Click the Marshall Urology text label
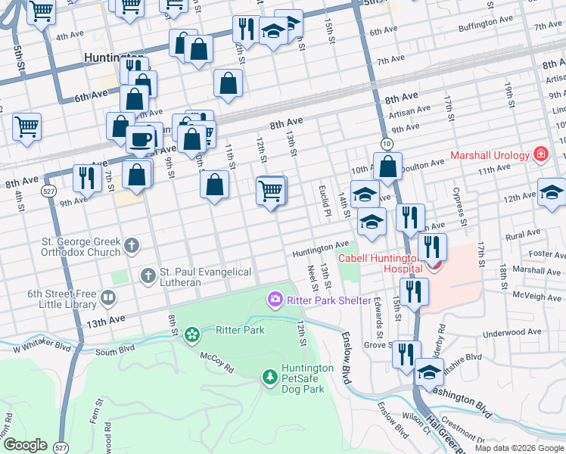(490, 156)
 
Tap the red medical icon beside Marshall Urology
(540, 155)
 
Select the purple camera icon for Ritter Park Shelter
(274, 300)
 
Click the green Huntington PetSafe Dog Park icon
(269, 376)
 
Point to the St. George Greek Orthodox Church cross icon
(132, 245)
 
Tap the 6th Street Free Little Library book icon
(109, 300)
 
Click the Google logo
(25, 445)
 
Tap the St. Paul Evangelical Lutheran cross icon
(148, 274)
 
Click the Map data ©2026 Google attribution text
(519, 448)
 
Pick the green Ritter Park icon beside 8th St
(193, 333)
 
